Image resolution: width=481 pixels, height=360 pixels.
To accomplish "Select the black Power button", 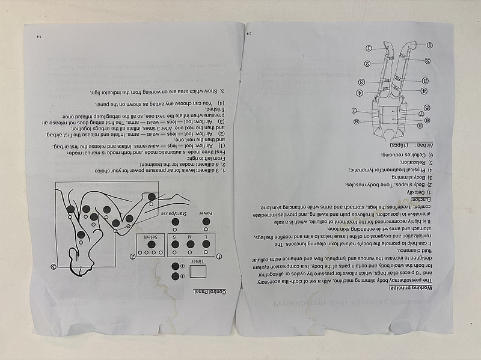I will pyautogui.click(x=206, y=222).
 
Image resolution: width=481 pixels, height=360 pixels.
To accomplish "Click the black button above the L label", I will pyautogui.click(x=206, y=244).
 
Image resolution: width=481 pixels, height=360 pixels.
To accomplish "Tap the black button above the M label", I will pyautogui.click(x=191, y=244).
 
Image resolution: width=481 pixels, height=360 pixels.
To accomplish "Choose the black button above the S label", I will pyautogui.click(x=175, y=244).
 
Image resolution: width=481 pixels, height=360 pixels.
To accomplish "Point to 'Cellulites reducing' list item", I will pyautogui.click(x=421, y=154).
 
